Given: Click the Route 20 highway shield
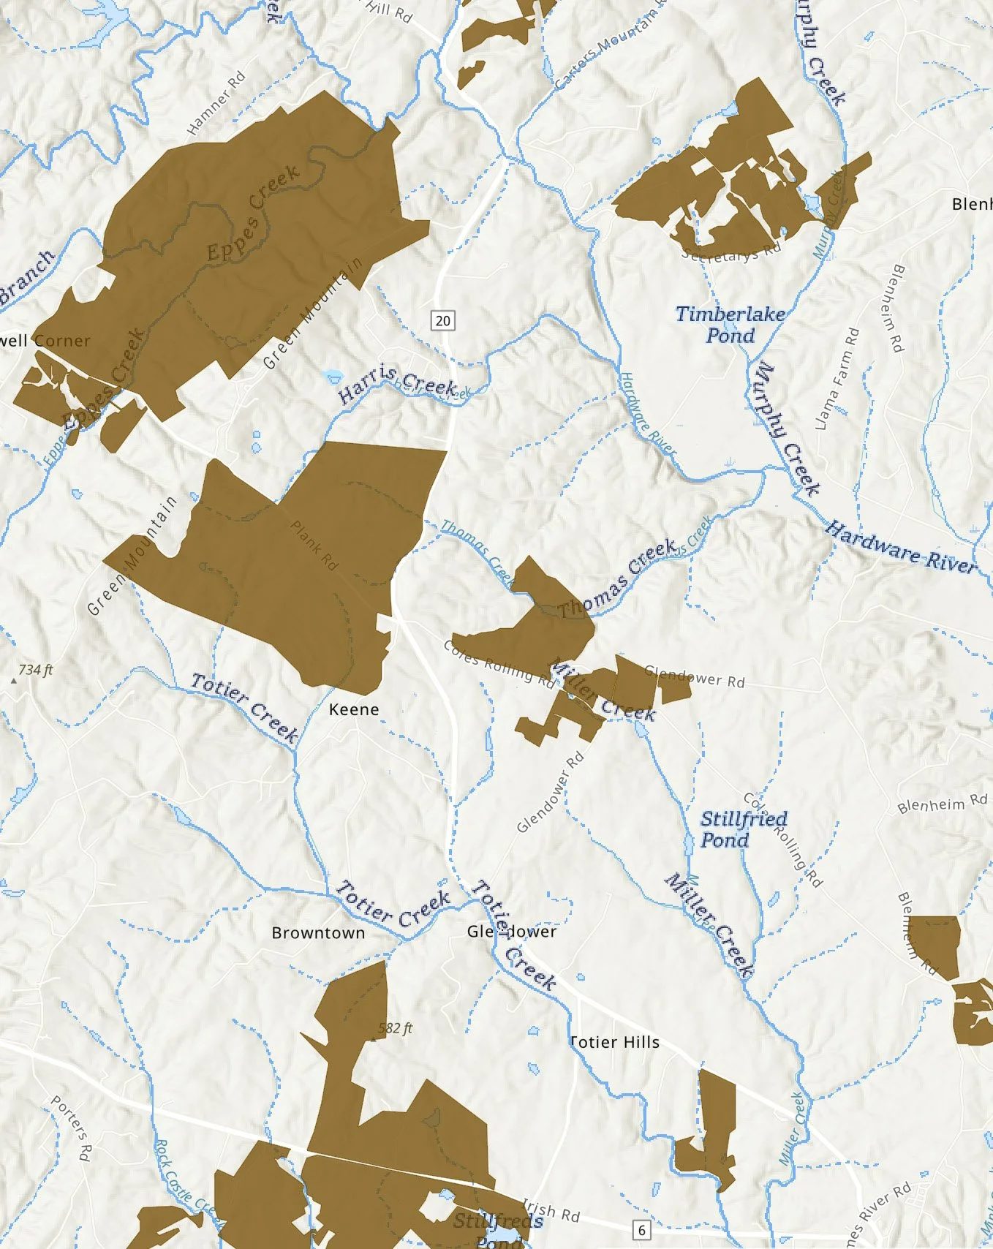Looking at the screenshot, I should pos(442,320).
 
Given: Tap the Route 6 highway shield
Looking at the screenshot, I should pos(641,1229).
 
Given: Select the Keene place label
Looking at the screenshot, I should pos(354,709).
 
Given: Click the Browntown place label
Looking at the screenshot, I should pos(318,933).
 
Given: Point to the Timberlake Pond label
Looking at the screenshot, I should pos(730,325).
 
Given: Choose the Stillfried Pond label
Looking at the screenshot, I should pos(743,829).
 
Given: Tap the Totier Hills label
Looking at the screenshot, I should pos(614,1042).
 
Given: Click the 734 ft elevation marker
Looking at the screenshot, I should pos(35,670).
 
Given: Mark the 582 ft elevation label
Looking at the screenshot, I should pos(395,1028).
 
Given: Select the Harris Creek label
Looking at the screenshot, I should pos(397,384).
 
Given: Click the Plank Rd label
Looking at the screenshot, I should pos(314,546).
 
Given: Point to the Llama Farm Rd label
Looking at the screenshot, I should pos(837,379).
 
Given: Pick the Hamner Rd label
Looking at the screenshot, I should pos(216,103).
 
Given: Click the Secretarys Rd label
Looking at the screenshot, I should pos(730,253).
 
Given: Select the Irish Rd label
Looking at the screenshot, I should pos(551,1211).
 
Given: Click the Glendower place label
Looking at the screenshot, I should pos(512,932).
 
